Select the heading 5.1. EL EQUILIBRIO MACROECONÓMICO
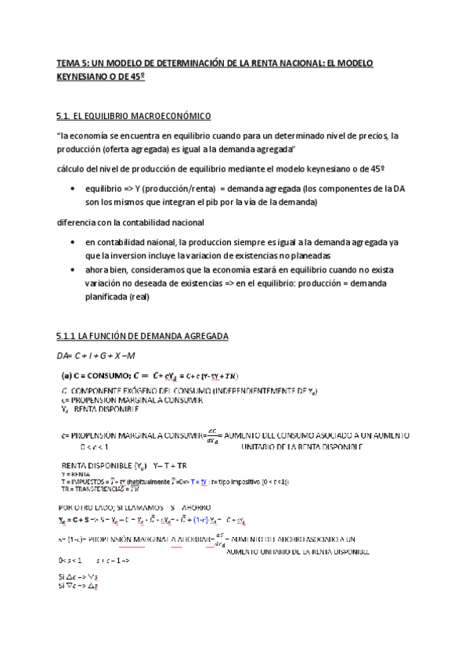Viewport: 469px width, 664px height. [134, 117]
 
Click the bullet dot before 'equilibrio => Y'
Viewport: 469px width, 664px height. [73, 189]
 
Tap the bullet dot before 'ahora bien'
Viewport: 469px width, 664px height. [73, 268]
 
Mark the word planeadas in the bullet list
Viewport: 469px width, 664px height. [305, 255]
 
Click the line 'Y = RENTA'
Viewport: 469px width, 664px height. [74, 475]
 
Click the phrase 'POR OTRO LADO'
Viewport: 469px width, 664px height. [88, 507]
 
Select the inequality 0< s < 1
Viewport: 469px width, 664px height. [70, 560]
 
